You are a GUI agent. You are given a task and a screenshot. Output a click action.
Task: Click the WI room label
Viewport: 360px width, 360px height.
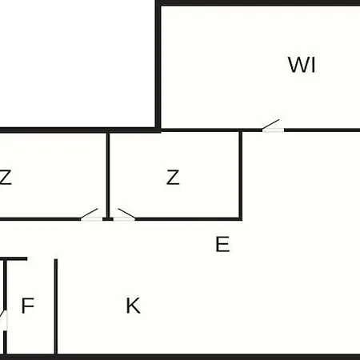click(x=302, y=65)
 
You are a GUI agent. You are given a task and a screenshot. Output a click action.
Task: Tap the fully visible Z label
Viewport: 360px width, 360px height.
click(x=173, y=178)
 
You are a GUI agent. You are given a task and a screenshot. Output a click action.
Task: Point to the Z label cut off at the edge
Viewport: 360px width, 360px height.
click(x=6, y=177)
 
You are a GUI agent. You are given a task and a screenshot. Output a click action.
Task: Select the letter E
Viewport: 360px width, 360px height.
click(x=222, y=244)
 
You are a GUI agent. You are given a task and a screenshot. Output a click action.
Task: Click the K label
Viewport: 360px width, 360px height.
click(x=133, y=306)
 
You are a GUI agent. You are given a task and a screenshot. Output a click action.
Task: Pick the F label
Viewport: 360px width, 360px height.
click(x=27, y=306)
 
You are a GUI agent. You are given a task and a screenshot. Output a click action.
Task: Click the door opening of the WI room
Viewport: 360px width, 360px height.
click(x=273, y=130)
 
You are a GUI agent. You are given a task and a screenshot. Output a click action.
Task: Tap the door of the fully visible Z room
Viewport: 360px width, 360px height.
click(x=124, y=219)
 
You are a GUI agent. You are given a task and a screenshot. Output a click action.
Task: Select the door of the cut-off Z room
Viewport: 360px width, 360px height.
click(x=91, y=219)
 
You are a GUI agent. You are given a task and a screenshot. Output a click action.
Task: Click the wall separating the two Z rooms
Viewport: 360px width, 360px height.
click(x=108, y=174)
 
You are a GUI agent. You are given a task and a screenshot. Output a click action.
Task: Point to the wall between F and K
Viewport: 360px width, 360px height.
click(x=56, y=306)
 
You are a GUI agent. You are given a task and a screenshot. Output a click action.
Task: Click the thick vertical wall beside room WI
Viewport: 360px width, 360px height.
click(x=158, y=66)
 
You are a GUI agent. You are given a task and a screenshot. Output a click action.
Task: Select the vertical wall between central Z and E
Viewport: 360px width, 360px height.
click(x=240, y=174)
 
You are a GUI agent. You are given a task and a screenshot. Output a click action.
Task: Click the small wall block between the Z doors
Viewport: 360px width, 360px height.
click(x=108, y=219)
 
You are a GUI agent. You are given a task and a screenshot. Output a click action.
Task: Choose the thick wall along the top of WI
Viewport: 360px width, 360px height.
click(x=258, y=3)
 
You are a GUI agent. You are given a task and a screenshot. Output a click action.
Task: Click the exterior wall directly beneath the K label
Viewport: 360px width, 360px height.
click(x=133, y=357)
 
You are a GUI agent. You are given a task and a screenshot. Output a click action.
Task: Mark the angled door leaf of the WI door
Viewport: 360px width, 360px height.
click(x=270, y=124)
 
